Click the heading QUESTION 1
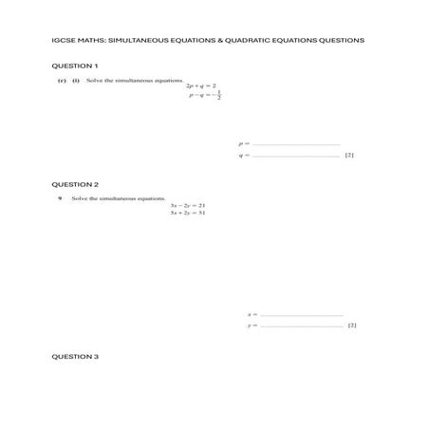74,65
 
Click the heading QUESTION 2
74,183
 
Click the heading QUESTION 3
74,356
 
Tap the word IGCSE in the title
63,41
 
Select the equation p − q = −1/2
203,97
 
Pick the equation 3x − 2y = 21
188,205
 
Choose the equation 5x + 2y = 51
188,213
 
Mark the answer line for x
301,314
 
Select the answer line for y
301,326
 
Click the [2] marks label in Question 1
349,155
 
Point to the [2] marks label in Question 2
352,326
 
